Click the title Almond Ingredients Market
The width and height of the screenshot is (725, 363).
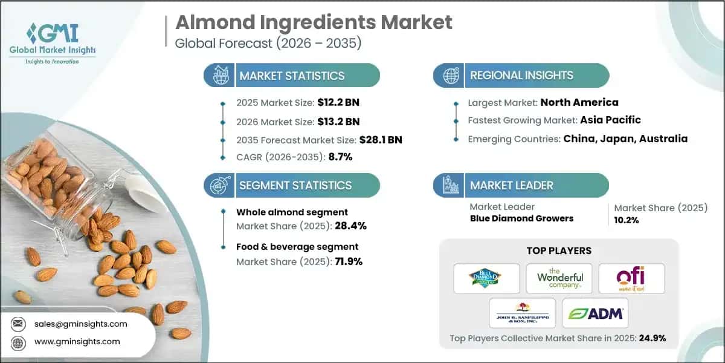(x=313, y=22)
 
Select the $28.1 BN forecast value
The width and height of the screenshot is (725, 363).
(x=380, y=140)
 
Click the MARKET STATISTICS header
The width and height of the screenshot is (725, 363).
(x=292, y=76)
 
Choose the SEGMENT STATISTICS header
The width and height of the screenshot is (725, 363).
(x=295, y=185)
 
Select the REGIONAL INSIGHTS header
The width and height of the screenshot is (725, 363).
(x=521, y=76)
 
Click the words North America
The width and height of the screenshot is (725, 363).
(x=579, y=102)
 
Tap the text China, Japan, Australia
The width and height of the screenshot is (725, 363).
(x=625, y=139)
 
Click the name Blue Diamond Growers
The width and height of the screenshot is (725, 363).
(x=521, y=218)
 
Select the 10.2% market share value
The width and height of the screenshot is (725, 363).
(x=627, y=220)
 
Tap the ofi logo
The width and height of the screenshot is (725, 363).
(x=630, y=278)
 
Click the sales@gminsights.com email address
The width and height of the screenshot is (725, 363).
(x=81, y=324)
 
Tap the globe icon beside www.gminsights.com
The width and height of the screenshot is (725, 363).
(x=18, y=342)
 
